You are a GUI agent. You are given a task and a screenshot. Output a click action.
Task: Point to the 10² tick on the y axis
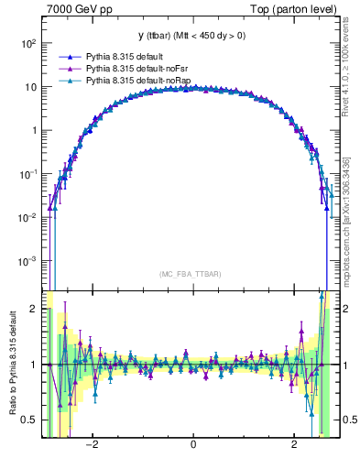click(x=29, y=43)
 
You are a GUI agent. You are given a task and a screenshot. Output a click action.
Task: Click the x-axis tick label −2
click(x=92, y=446)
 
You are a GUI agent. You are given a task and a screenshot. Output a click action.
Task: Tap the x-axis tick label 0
click(x=192, y=446)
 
